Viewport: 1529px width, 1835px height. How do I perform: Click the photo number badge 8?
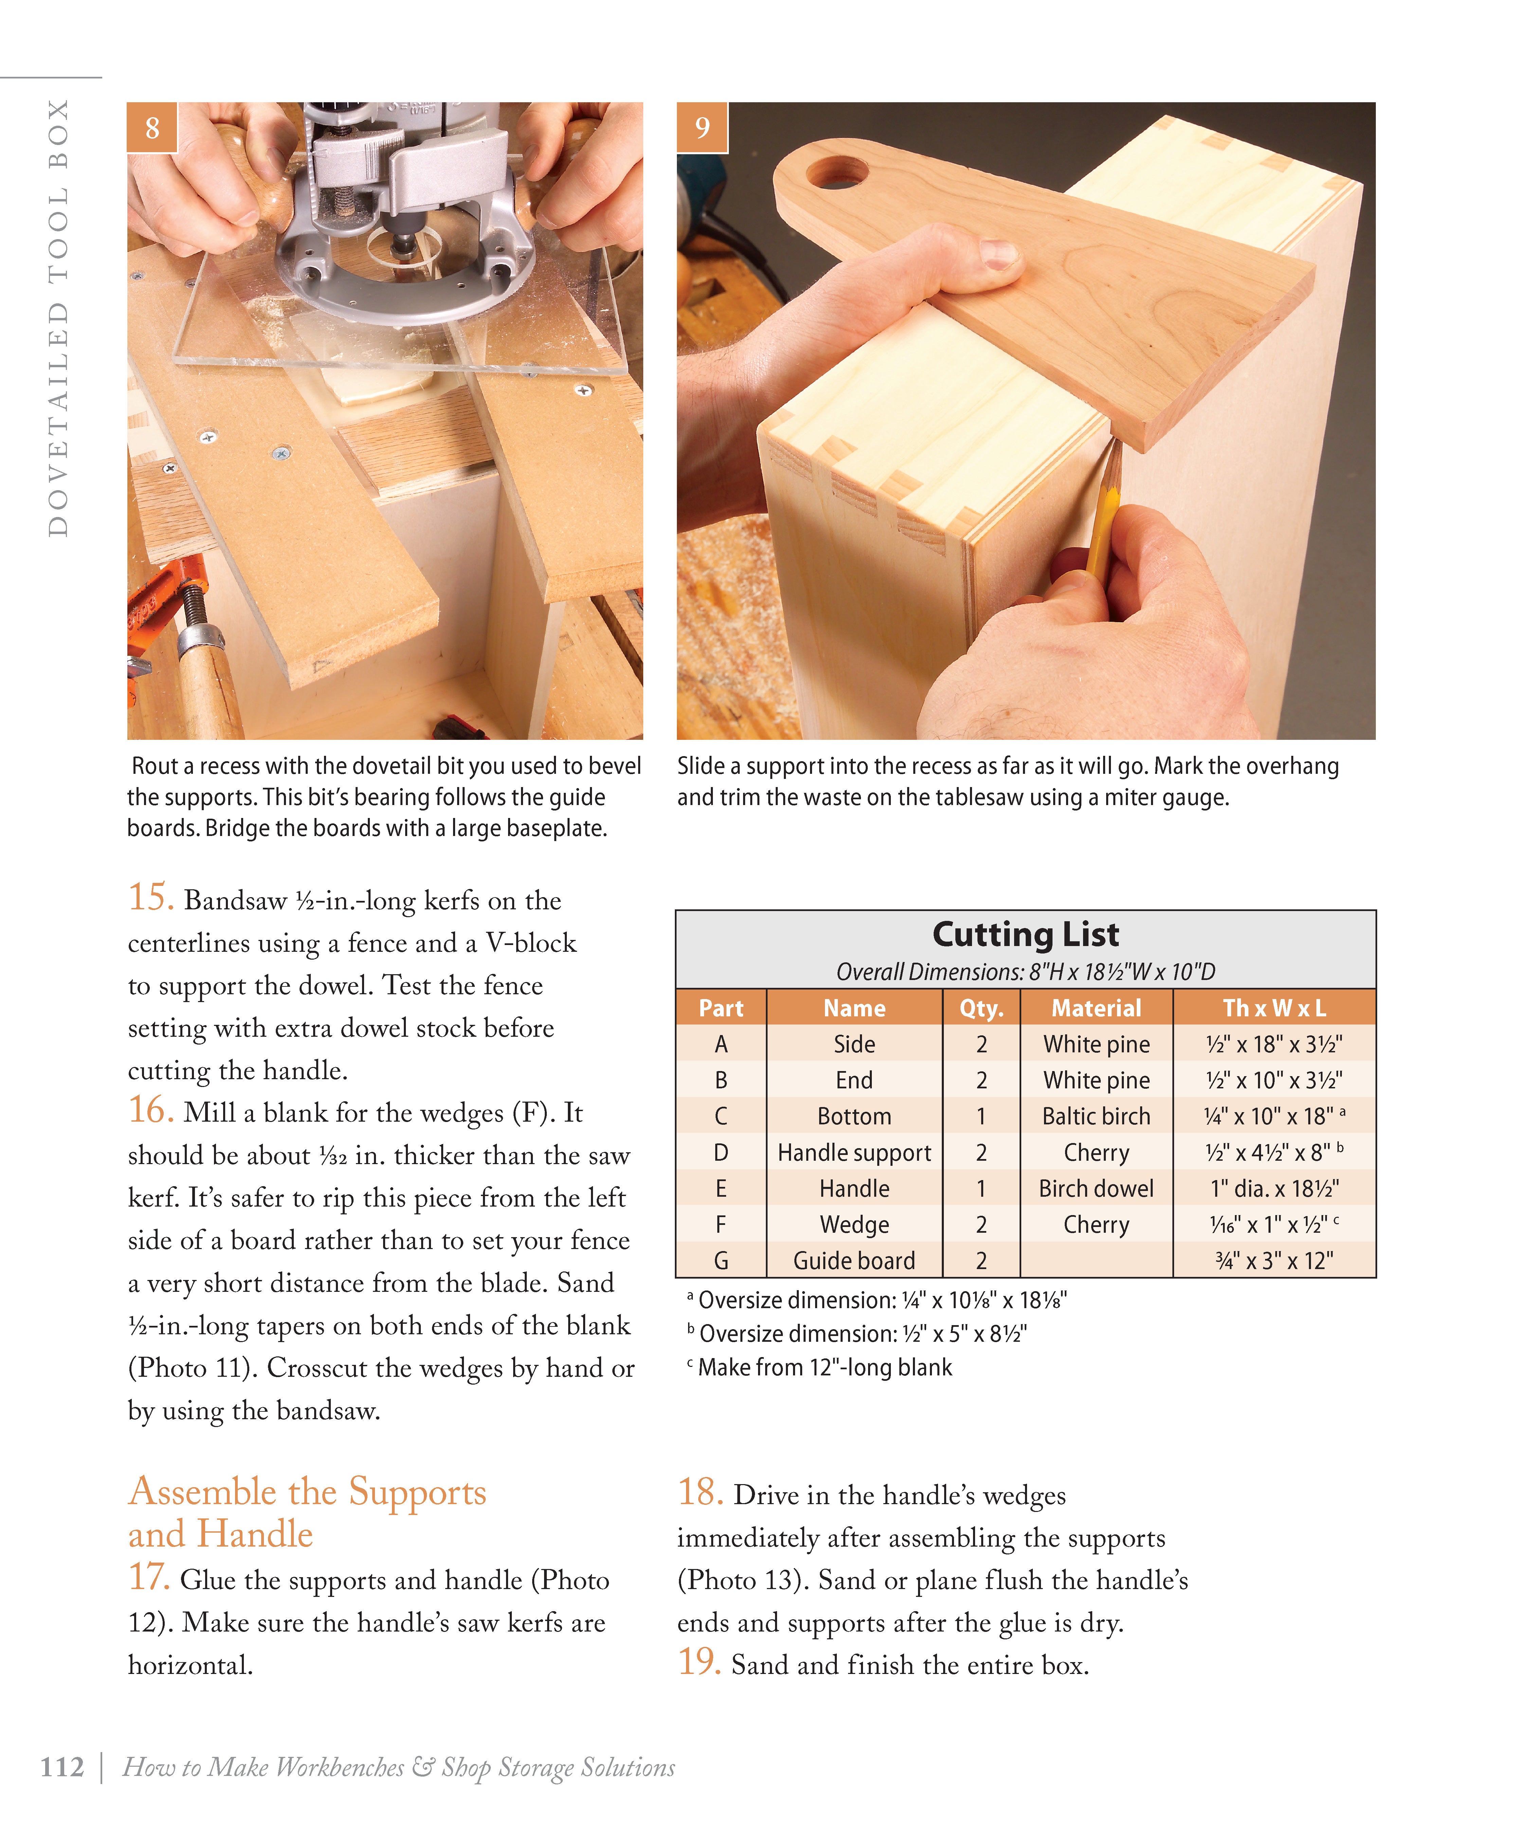[152, 128]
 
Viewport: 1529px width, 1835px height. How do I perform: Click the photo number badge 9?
[702, 128]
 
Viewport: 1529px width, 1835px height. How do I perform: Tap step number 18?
[700, 1493]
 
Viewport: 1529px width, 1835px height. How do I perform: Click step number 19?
[699, 1662]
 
